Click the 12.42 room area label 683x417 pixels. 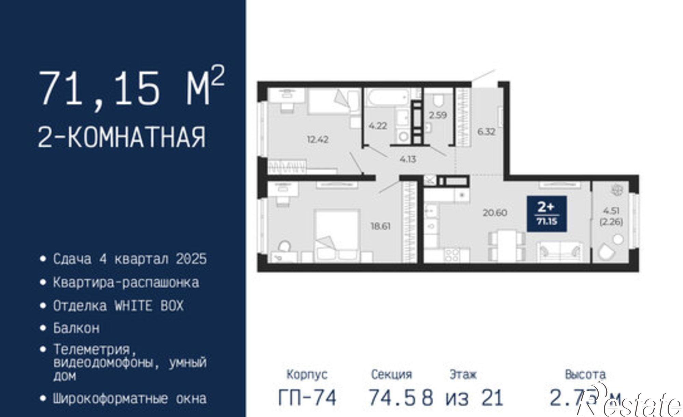[x=318, y=139]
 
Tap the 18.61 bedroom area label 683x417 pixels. [x=381, y=226]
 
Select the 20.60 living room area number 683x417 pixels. [x=494, y=213]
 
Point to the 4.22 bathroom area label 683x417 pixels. [x=377, y=126]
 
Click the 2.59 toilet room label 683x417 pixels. [x=438, y=115]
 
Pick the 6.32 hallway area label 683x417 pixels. [x=486, y=131]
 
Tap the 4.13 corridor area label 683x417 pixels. [x=408, y=159]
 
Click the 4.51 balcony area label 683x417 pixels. [x=611, y=210]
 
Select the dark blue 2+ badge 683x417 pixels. [x=546, y=214]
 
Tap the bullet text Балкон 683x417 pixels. [x=76, y=328]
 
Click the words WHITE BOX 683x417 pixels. [x=149, y=306]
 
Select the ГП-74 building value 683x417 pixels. [x=307, y=398]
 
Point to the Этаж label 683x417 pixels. [x=463, y=375]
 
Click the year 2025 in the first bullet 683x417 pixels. [x=192, y=259]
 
